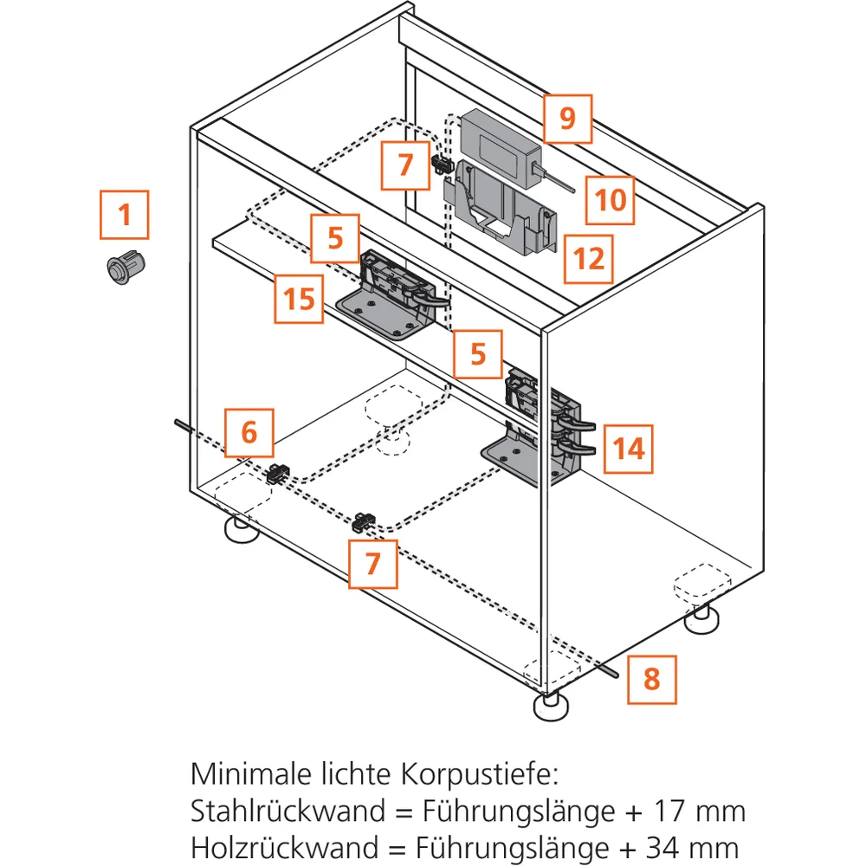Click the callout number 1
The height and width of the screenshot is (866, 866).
tap(124, 214)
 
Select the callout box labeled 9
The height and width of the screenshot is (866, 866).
tap(567, 119)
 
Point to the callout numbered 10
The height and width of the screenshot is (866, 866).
tap(610, 200)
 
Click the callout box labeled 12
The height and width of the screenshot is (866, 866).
tap(589, 258)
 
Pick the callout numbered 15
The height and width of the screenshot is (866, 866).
tap(299, 299)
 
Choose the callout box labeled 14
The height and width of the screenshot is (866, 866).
tap(629, 448)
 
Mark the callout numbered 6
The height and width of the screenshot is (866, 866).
tap(249, 431)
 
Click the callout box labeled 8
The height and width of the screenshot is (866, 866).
tap(651, 678)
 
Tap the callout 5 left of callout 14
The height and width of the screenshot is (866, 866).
tap(478, 353)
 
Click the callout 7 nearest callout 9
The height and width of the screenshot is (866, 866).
tap(406, 164)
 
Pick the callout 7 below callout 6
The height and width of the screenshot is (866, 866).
tap(373, 564)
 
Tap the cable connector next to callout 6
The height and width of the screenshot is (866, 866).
tap(278, 474)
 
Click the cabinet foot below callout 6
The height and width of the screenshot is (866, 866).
tap(243, 530)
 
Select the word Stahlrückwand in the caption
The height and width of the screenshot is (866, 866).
tap(288, 811)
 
